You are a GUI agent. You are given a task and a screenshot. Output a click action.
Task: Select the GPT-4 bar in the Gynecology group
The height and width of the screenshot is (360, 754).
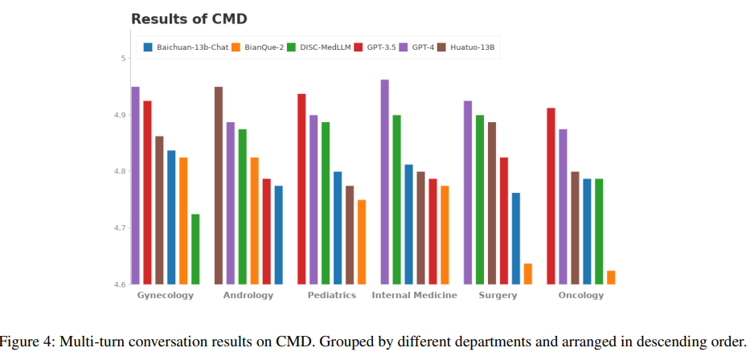(x=136, y=186)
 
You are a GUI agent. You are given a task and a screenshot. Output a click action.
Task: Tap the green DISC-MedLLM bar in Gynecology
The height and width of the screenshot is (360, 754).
(x=195, y=249)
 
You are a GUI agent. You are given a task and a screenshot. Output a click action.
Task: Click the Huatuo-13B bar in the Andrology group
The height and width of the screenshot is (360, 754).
(x=219, y=186)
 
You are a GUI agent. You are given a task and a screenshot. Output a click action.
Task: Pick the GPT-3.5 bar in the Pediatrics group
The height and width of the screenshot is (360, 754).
(x=302, y=189)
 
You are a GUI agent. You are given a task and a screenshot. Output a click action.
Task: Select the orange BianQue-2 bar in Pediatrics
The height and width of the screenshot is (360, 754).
(x=362, y=242)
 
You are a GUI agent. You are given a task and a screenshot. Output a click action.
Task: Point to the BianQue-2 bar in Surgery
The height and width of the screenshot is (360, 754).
(x=528, y=274)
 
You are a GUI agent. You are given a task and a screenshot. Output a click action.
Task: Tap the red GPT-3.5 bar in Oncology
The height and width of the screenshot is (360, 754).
(x=551, y=196)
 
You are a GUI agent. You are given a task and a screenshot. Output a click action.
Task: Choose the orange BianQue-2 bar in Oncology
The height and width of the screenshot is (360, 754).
(x=611, y=277)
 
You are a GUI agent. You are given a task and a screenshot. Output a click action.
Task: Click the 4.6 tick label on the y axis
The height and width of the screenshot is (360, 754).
(x=118, y=284)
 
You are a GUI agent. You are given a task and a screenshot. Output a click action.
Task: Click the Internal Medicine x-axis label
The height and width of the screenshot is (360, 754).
(x=414, y=296)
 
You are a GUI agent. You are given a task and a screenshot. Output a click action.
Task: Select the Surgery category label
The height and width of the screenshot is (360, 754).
(x=498, y=296)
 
